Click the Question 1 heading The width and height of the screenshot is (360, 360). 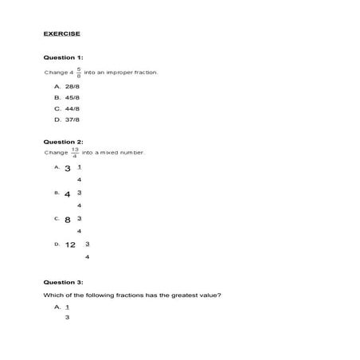point(62,58)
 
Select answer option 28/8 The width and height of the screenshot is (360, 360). point(72,84)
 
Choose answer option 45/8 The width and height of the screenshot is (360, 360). point(72,96)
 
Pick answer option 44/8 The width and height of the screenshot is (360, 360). point(72,108)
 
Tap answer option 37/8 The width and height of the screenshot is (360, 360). point(72,120)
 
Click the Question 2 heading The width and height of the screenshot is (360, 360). point(62,141)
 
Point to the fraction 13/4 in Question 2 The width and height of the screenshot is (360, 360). point(75,152)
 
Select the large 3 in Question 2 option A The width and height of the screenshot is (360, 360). point(68,169)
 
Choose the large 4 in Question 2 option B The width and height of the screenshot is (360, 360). point(68,194)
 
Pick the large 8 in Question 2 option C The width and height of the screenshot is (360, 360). point(68,219)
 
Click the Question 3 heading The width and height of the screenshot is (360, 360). point(62,282)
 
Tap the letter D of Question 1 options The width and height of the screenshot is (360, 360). point(57,120)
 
